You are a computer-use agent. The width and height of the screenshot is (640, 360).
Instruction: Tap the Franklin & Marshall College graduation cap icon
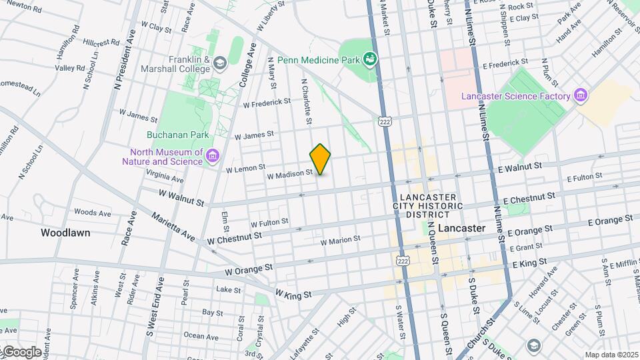pos(221,63)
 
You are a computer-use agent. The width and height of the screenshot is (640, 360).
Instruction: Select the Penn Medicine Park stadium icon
pos(369,60)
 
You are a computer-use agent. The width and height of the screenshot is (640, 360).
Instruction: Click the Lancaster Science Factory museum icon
pos(581,96)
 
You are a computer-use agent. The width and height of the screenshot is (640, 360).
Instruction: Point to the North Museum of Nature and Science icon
pos(213,156)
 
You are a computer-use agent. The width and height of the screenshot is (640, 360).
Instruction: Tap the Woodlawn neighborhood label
pos(65,233)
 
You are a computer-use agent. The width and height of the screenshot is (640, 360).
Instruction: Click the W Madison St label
pos(289,175)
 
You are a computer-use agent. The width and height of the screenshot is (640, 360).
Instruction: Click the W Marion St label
pos(340,239)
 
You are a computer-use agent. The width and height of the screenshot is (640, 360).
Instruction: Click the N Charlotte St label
pos(306,101)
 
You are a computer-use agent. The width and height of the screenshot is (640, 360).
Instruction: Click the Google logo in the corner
pos(21,351)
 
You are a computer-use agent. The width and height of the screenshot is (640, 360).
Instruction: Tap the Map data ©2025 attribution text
pos(611,355)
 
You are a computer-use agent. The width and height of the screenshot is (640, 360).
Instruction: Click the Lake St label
pos(228,289)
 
